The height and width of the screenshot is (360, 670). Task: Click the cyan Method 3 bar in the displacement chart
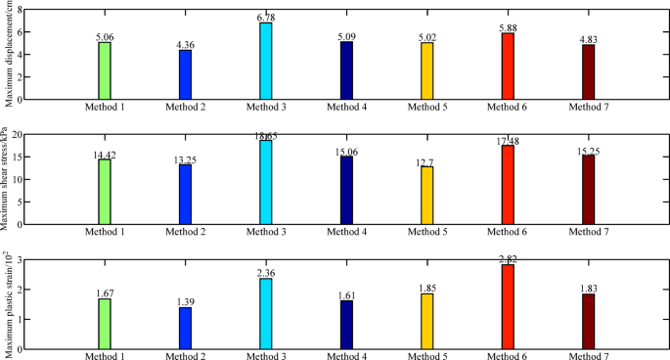[x=266, y=61]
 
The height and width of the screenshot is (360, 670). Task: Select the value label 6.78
[x=266, y=16]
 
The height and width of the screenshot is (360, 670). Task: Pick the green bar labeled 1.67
[x=105, y=324]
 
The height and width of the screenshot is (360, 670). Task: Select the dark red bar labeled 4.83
[x=588, y=71]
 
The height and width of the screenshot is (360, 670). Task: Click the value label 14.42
[x=105, y=153]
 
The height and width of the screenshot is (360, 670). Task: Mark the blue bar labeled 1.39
[x=186, y=328]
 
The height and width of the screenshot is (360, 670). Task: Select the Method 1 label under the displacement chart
[x=105, y=106]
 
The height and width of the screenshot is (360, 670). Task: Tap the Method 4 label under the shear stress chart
[x=346, y=231]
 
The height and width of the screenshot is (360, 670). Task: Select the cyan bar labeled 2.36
[x=266, y=313]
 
